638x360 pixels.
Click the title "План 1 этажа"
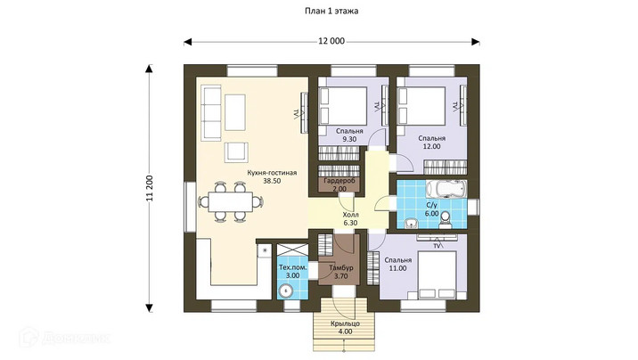331,11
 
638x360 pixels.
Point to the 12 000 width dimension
331,41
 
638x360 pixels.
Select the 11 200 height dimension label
150,188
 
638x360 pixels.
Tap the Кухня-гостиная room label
272,173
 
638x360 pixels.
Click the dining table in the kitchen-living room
230,201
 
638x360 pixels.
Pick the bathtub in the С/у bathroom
446,189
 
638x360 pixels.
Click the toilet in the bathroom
446,219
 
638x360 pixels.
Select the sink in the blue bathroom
413,223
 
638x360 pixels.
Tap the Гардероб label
339,181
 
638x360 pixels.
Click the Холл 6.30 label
350,218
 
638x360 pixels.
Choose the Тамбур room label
341,268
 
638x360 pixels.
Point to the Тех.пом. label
292,267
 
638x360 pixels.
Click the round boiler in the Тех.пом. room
286,290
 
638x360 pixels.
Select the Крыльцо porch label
345,323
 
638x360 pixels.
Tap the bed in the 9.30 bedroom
343,106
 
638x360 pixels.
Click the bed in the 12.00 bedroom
421,106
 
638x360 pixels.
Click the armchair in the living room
236,151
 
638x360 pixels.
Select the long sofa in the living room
212,113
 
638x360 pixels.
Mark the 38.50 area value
272,181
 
